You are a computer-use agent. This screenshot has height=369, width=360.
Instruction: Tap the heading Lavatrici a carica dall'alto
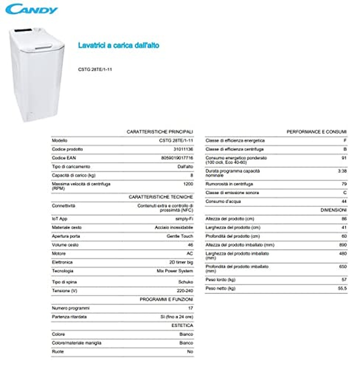pyautogui.click(x=118, y=45)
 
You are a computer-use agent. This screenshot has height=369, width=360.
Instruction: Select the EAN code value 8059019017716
pyautogui.click(x=177, y=158)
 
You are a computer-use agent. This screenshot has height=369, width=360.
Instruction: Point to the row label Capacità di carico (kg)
pyautogui.click(x=73, y=175)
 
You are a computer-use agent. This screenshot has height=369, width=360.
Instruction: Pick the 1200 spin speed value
pyautogui.click(x=188, y=184)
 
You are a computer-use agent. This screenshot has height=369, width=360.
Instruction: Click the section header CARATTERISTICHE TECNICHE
pyautogui.click(x=160, y=197)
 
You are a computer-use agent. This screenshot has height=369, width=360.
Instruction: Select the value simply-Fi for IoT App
pyautogui.click(x=184, y=219)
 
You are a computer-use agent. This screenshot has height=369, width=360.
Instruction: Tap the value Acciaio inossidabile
pyautogui.click(x=174, y=228)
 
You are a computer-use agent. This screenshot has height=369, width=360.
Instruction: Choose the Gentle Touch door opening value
pyautogui.click(x=180, y=236)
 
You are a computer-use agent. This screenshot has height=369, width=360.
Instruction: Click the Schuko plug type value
pyautogui.click(x=185, y=282)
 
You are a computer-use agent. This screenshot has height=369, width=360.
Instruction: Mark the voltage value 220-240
pyautogui.click(x=185, y=291)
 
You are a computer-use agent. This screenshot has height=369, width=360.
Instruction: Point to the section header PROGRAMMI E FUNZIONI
pyautogui.click(x=166, y=300)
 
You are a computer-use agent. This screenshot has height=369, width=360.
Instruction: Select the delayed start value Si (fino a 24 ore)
pyautogui.click(x=177, y=317)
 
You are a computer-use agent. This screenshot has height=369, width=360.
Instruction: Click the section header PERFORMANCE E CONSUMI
pyautogui.click(x=316, y=132)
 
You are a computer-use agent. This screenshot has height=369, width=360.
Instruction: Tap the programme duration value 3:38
pyautogui.click(x=342, y=171)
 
